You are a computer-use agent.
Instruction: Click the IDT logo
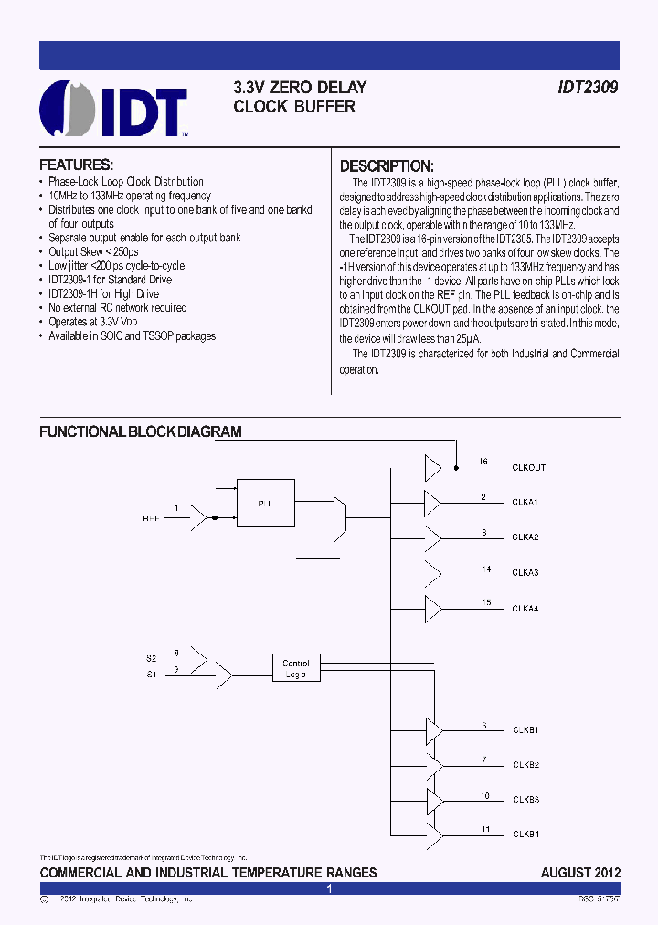[113, 109]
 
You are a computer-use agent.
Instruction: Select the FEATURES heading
[76, 165]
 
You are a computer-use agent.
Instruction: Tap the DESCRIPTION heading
[386, 166]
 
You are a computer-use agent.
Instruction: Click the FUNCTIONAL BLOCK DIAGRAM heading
[140, 431]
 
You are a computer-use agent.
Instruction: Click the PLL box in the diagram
[265, 503]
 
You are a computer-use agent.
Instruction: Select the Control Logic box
[296, 669]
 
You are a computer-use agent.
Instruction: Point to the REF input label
[151, 518]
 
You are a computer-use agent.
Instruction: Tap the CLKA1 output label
[525, 503]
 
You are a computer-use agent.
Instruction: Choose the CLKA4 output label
[525, 608]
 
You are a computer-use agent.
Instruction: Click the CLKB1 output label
[525, 730]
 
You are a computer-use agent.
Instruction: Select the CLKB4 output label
[525, 834]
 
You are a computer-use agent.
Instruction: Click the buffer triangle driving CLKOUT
[432, 468]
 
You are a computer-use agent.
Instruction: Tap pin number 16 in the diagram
[483, 462]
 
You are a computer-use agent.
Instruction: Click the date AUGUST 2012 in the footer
[580, 873]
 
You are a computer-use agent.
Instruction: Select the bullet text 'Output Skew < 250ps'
[93, 251]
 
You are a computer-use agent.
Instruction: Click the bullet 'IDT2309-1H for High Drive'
[103, 293]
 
